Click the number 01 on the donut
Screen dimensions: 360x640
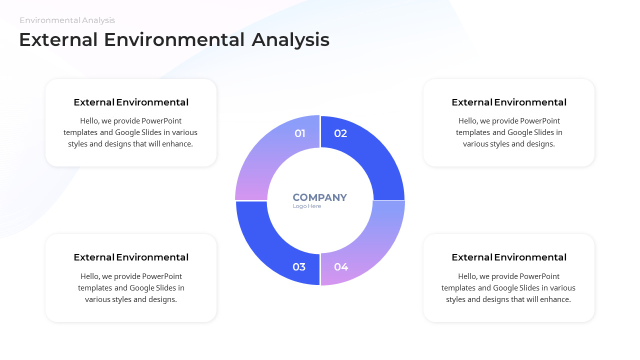pos(300,133)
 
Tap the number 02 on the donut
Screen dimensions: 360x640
pos(340,133)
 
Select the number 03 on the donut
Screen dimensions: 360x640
pos(299,267)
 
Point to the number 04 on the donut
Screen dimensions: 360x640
pos(341,267)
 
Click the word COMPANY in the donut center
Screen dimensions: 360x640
pos(319,197)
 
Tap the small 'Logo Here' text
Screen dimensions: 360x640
pos(307,206)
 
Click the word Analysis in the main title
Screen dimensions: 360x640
pos(290,40)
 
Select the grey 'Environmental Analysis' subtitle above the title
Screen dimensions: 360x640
pos(67,20)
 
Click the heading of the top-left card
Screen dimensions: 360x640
pos(131,102)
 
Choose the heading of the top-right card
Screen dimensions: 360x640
pos(509,102)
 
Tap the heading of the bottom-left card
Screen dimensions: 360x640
pos(131,257)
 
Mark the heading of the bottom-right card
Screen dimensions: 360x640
pos(509,257)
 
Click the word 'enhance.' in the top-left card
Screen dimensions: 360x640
pos(177,144)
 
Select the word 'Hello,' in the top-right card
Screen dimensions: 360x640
pos(468,121)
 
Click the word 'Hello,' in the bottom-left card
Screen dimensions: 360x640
pos(90,276)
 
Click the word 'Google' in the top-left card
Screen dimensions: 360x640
pos(128,132)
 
